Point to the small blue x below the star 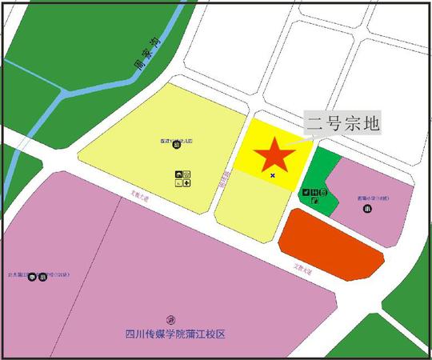click(x=273, y=174)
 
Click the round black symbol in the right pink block click(x=366, y=209)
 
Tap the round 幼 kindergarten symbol click(x=176, y=145)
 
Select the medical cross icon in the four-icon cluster click(x=186, y=183)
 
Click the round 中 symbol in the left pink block click(x=32, y=278)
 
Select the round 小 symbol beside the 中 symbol click(x=42, y=278)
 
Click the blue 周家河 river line click(x=48, y=120)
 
